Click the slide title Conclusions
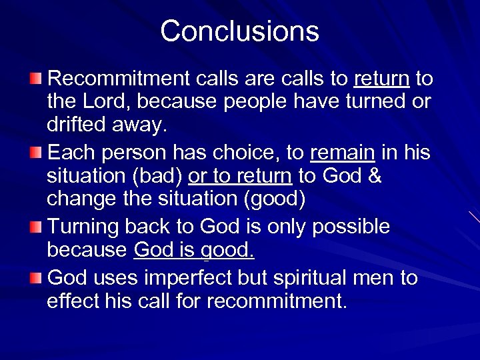click(x=239, y=31)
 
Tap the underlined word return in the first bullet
click(x=381, y=79)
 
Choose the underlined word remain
click(x=343, y=153)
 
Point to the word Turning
click(x=87, y=227)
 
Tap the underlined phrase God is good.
click(x=194, y=251)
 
